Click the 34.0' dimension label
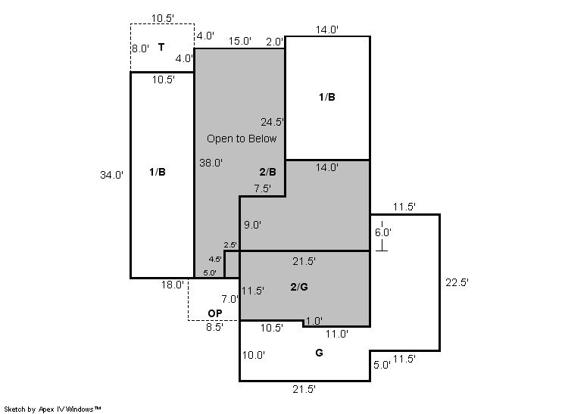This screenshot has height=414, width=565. (x=111, y=175)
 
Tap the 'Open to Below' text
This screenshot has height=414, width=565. (x=242, y=139)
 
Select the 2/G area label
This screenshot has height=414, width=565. (x=299, y=287)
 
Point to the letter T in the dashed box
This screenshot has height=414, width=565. (x=161, y=47)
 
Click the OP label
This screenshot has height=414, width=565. (x=215, y=313)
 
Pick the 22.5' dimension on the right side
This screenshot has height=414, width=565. (x=457, y=282)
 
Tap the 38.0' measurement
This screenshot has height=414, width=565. (x=211, y=163)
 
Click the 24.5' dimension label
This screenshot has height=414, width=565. (x=273, y=122)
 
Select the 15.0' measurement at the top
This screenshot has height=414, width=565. (x=240, y=41)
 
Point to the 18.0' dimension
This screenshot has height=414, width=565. (x=173, y=285)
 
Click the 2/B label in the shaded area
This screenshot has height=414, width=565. (x=267, y=172)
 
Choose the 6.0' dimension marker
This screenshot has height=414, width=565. (x=382, y=232)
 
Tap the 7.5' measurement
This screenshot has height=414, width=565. (x=263, y=188)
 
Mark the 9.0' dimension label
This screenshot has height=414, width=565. (x=253, y=225)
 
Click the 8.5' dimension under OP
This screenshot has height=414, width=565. (x=215, y=327)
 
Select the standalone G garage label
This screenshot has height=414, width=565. (x=320, y=353)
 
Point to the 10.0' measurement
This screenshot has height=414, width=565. (x=254, y=355)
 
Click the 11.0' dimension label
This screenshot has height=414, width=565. (x=337, y=334)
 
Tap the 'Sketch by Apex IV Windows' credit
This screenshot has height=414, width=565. (x=52, y=409)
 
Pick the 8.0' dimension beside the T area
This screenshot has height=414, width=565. (x=140, y=48)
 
